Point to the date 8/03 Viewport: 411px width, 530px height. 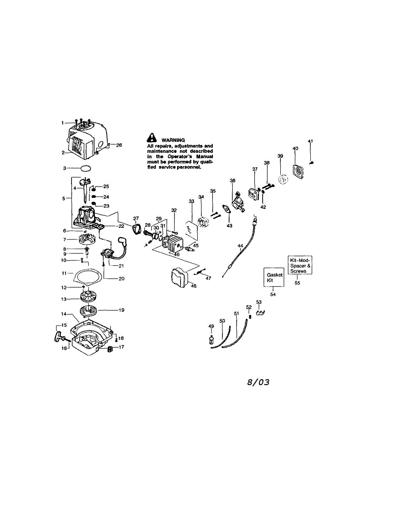pos(258,382)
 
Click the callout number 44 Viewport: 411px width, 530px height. pos(240,246)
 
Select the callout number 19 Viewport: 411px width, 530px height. pos(121,310)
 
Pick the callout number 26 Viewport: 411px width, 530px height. pos(119,145)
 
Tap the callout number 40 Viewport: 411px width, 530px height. pos(295,148)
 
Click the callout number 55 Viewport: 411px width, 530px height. pos(297,283)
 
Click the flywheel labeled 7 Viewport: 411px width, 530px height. pos(87,241)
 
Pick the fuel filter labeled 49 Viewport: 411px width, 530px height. pos(211,342)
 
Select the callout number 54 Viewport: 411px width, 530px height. pos(273,294)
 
